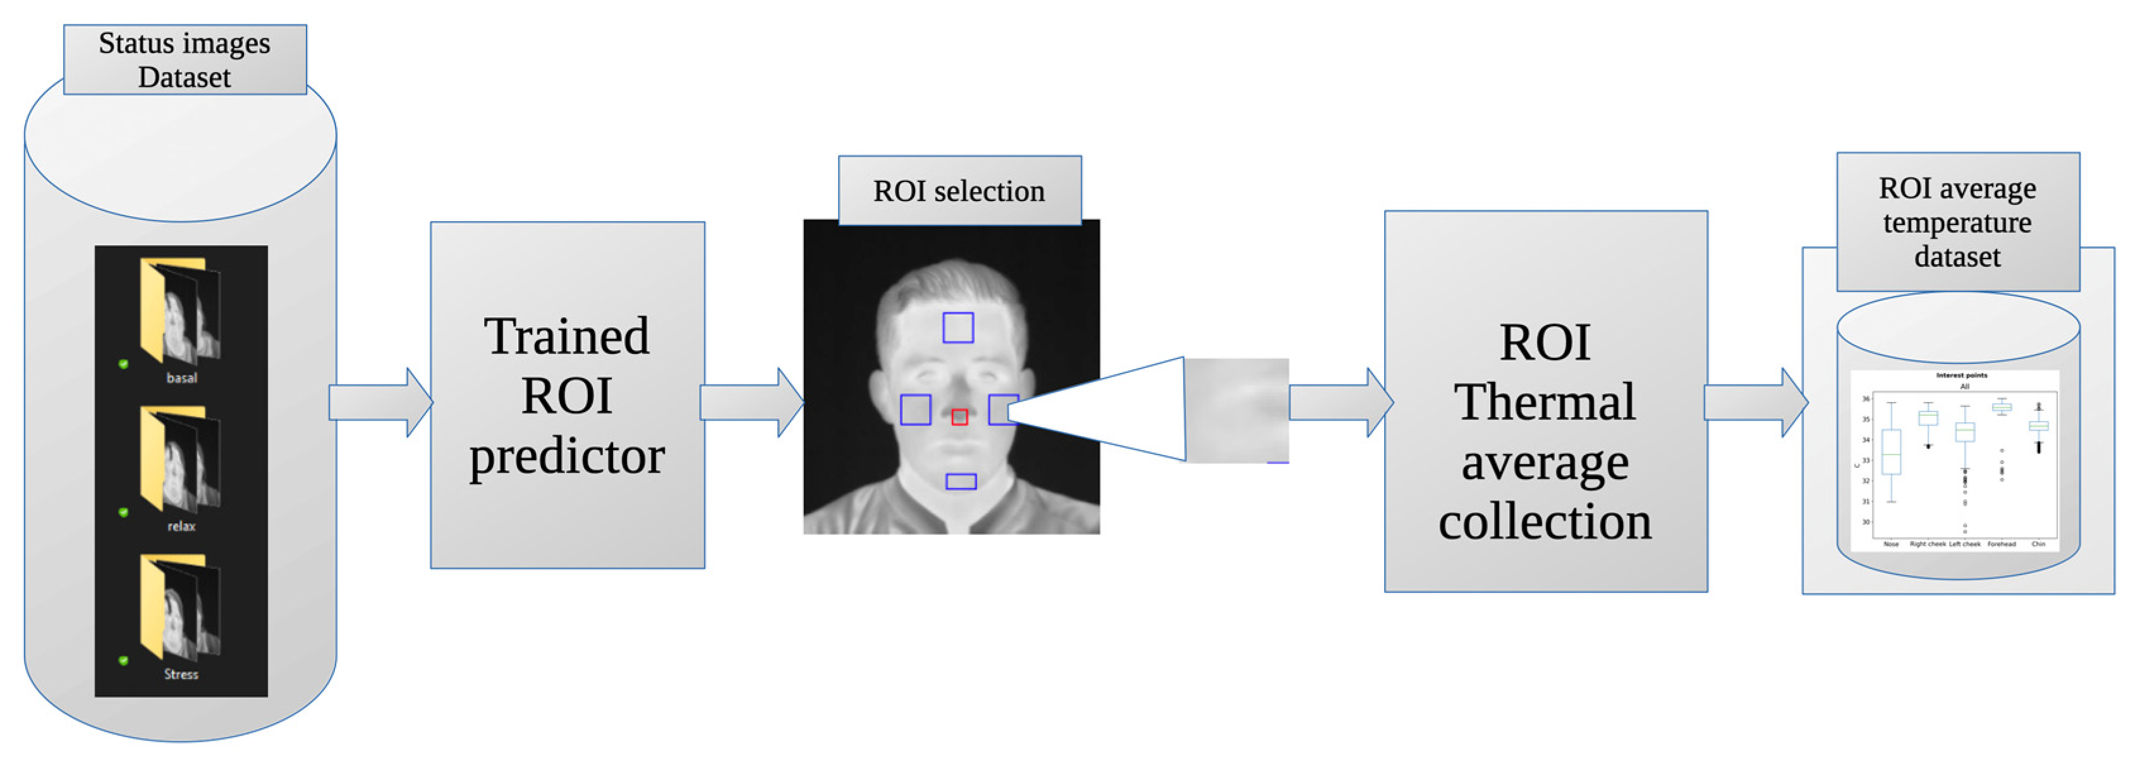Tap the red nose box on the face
959,417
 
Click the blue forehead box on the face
958,328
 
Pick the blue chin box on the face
961,481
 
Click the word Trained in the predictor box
567,337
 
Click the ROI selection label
959,192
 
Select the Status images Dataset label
185,59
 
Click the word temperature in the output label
1957,222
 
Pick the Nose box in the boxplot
1891,451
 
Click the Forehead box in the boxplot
2002,406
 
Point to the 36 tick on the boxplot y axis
1866,399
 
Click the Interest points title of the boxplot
1960,375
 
